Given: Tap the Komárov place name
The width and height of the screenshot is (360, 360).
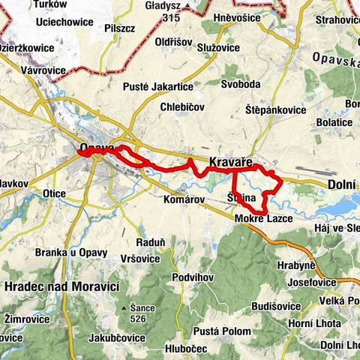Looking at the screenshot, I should (184, 200).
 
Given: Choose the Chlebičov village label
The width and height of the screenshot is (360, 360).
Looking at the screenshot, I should (183, 108).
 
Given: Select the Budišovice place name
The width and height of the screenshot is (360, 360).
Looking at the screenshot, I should (276, 306).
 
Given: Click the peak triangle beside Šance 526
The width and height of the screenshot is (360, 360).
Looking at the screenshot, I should (124, 307).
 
